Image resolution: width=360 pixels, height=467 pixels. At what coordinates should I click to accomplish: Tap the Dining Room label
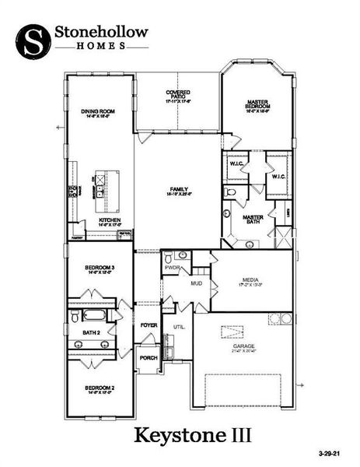[x=98, y=112]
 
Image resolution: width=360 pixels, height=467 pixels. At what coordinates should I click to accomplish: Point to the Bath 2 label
[x=92, y=332]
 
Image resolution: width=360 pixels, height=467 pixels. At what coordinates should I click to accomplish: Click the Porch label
[x=148, y=358]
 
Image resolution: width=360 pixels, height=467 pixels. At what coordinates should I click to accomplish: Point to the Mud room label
[x=196, y=283]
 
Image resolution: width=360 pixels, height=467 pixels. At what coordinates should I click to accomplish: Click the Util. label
[x=179, y=327]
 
